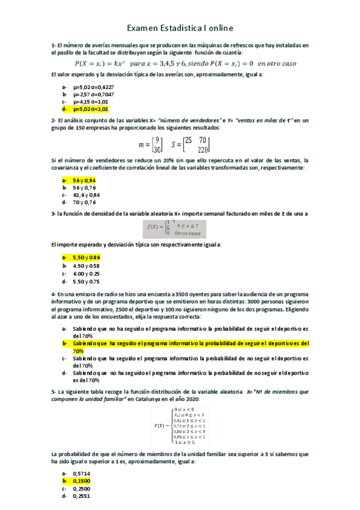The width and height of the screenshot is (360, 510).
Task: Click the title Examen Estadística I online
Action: [x=180, y=28]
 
